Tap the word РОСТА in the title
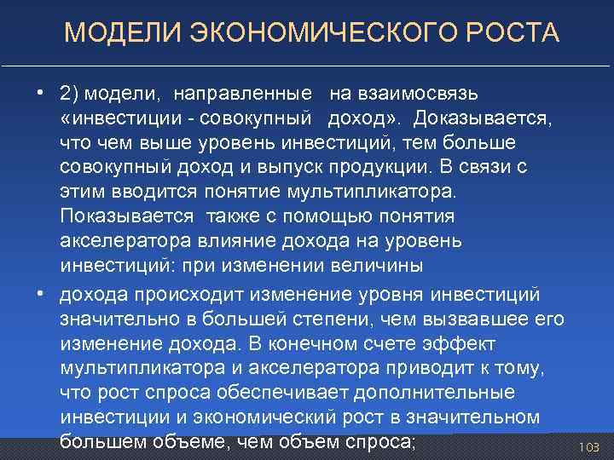pyautogui.click(x=514, y=34)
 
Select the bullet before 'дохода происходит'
pyautogui.click(x=41, y=295)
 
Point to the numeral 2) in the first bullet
pyautogui.click(x=69, y=91)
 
